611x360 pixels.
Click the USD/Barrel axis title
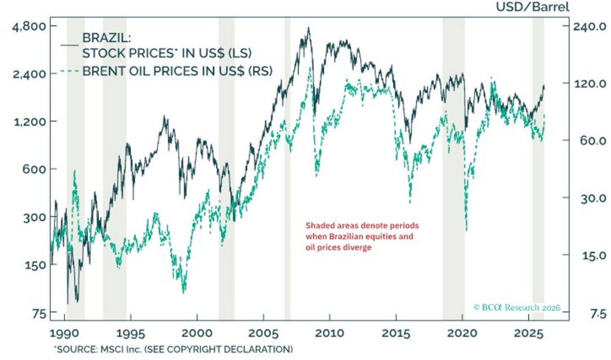click(533, 7)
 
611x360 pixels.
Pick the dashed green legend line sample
click(69, 71)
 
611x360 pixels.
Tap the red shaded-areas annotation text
click(362, 236)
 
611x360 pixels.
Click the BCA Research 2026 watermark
click(517, 308)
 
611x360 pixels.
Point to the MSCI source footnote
click(173, 348)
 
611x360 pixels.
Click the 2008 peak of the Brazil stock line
click(308, 28)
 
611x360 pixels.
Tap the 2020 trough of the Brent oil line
click(467, 230)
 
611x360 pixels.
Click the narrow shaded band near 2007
click(287, 170)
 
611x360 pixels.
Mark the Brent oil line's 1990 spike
click(75, 170)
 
